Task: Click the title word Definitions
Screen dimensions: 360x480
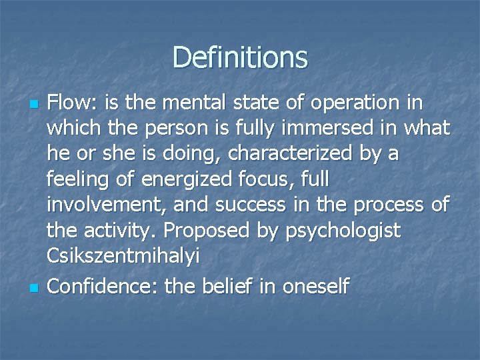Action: [240, 57]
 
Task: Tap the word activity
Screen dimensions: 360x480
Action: [121, 231]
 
